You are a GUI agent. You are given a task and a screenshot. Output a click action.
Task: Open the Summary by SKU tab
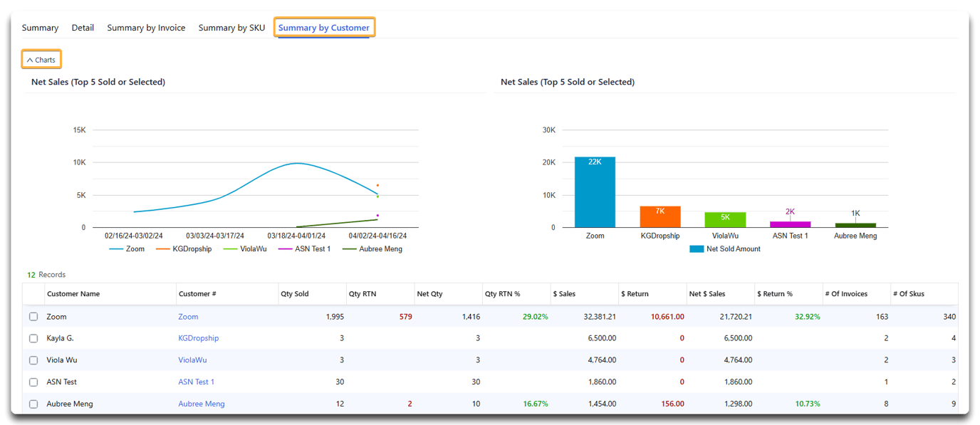point(231,28)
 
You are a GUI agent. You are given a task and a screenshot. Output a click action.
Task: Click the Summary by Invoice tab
point(146,28)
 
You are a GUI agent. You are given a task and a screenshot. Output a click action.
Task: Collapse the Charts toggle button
point(41,60)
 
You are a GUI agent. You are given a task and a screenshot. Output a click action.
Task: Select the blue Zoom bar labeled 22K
point(595,192)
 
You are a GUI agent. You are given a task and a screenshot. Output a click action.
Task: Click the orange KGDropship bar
point(660,217)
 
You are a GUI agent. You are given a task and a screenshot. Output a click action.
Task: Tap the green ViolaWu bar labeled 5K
point(725,220)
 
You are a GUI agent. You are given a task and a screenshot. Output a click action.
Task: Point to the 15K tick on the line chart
point(79,130)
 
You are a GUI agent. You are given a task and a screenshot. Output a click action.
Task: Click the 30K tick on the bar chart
point(548,130)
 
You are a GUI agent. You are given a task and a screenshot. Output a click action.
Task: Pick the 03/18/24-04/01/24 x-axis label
point(296,236)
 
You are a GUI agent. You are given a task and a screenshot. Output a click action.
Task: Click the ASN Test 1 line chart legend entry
point(305,248)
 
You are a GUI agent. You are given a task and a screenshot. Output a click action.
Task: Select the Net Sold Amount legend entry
point(725,248)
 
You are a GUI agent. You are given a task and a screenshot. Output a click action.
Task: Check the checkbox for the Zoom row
point(33,317)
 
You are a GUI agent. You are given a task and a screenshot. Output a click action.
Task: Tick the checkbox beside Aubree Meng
point(33,404)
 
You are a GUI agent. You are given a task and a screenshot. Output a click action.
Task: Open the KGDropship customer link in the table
point(198,338)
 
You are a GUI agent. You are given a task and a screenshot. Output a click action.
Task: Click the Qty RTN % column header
point(502,294)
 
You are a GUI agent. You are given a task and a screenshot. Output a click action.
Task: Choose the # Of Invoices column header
point(846,294)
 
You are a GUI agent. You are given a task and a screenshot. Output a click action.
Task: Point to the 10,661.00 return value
point(667,317)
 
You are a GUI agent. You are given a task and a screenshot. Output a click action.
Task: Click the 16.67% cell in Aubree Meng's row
point(536,404)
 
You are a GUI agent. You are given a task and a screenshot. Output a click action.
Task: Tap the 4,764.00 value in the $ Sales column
point(602,360)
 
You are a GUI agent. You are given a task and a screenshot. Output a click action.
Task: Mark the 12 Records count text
point(46,275)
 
